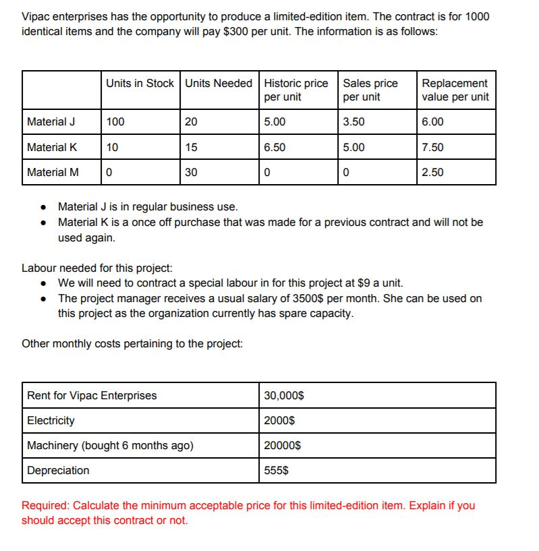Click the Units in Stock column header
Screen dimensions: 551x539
[140, 83]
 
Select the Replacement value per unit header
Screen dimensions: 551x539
[455, 90]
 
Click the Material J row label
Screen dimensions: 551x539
[51, 122]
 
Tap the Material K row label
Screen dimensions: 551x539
[51, 147]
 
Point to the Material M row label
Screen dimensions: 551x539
[52, 172]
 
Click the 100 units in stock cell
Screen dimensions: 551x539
[115, 122]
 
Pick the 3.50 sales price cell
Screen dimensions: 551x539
[353, 122]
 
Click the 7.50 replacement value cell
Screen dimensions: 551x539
[432, 147]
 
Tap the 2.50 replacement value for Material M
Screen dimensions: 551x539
[432, 172]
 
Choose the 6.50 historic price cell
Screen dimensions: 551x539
[275, 147]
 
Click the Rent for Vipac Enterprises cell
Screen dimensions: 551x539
[92, 395]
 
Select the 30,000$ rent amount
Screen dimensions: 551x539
[284, 395]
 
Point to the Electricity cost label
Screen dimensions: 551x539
[51, 420]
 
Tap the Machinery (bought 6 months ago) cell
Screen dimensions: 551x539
[110, 445]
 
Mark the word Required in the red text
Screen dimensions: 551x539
[46, 505]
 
